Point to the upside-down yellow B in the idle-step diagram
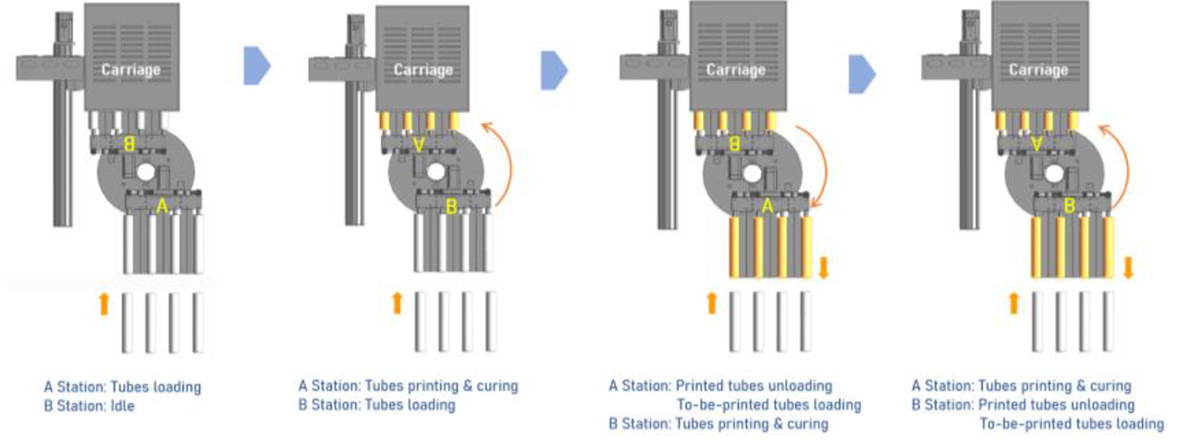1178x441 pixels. pos(129,144)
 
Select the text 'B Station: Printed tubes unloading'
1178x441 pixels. pos(1023,405)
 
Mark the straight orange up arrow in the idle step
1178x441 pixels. pos(104,302)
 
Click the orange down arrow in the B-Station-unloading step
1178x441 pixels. pos(1127,268)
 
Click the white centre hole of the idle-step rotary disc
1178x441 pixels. pos(145,172)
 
